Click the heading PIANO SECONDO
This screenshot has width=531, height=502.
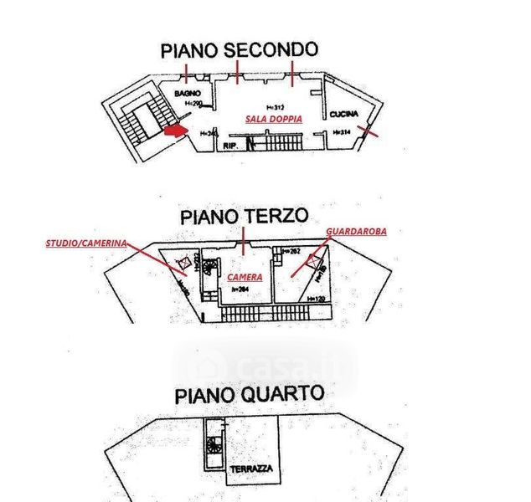click(x=240, y=50)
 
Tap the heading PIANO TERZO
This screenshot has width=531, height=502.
click(x=244, y=217)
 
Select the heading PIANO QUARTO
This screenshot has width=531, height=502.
click(x=249, y=394)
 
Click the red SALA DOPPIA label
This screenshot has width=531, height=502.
click(x=273, y=120)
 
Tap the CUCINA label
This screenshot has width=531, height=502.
click(x=343, y=114)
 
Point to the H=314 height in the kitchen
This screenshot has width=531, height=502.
click(x=341, y=132)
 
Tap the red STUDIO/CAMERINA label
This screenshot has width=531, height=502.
click(x=85, y=243)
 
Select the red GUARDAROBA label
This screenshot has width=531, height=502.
click(x=356, y=231)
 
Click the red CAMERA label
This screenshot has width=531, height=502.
click(x=245, y=276)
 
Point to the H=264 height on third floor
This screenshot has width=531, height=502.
click(x=242, y=289)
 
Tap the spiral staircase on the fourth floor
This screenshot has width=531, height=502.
click(x=214, y=444)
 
